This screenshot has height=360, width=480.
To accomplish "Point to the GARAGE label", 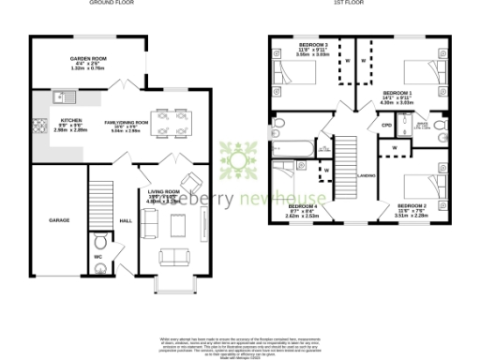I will pos(60,220).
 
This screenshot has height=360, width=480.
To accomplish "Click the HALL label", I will pos(126,221).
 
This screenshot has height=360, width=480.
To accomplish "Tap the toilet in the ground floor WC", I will pos(101,265).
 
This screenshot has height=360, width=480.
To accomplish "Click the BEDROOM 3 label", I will pos(313,45).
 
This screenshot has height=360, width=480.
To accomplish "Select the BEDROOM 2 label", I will pos(412,204).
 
